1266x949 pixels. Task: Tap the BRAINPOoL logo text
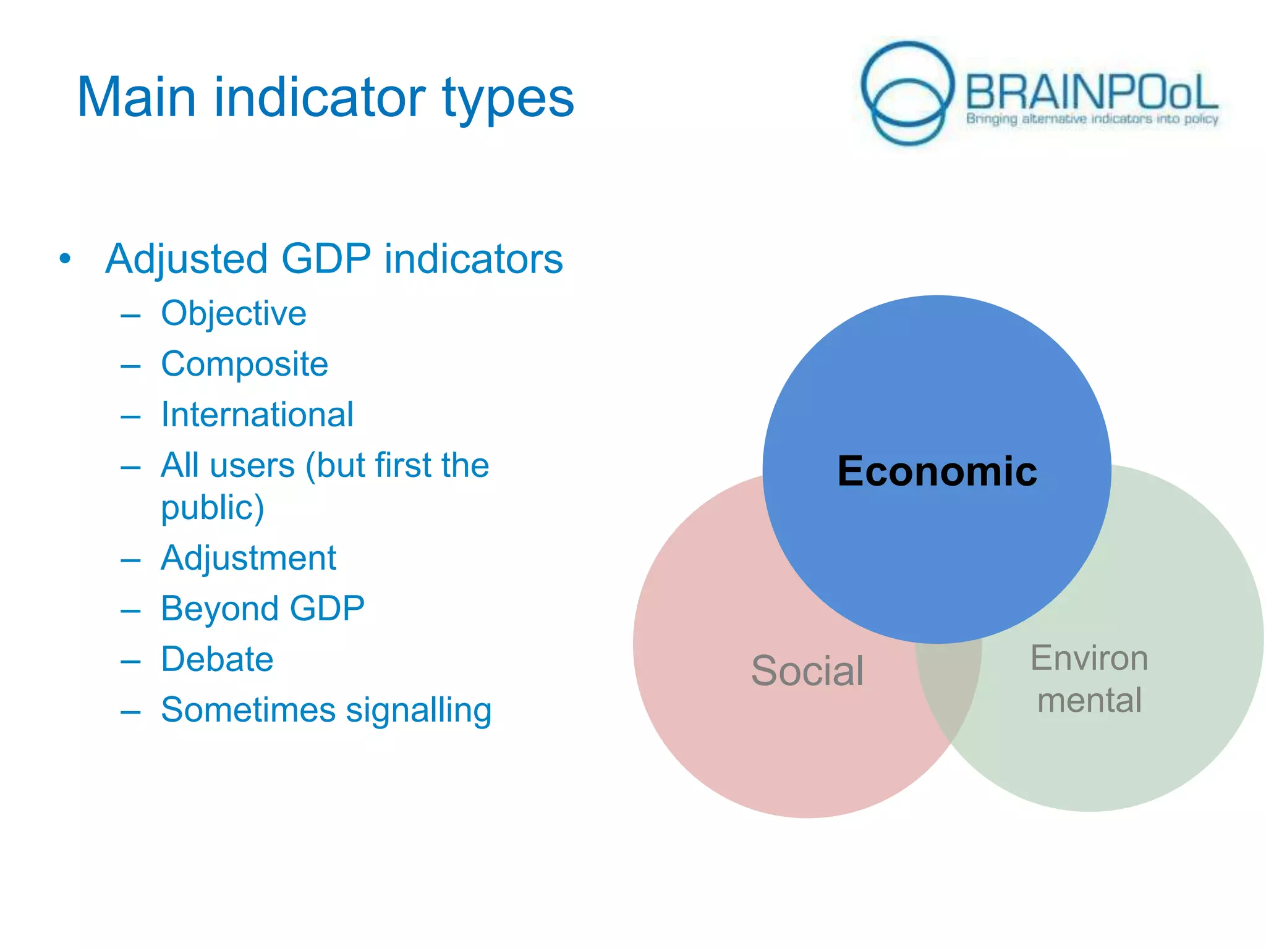coord(1091,93)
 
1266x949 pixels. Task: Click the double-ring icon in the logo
coord(907,93)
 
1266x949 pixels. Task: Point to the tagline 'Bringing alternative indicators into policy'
coord(1092,119)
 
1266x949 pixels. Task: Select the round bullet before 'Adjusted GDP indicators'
coord(65,259)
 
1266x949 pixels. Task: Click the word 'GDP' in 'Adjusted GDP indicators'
coord(326,259)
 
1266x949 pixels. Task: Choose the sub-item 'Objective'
coord(234,313)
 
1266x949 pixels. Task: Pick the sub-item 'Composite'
coord(244,364)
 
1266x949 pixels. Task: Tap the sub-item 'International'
coord(257,415)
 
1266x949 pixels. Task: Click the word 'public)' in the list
coord(213,507)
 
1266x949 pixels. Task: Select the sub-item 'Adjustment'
coord(249,558)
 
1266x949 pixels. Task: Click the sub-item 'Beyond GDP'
coord(263,609)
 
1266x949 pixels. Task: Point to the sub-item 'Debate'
coord(217,659)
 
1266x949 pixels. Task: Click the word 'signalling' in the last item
coord(418,710)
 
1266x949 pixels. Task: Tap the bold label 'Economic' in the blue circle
coord(937,471)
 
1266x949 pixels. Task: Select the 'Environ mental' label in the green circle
coord(1089,679)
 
